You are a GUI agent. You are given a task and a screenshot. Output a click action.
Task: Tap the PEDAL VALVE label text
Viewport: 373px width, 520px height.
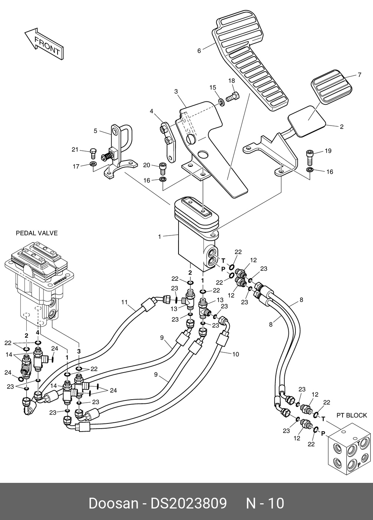[36, 233]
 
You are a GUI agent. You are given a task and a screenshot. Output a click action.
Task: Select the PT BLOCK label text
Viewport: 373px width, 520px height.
[351, 415]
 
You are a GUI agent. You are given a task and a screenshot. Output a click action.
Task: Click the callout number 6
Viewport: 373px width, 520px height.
[199, 51]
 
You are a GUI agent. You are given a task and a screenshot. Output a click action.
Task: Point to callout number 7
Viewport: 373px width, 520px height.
[359, 75]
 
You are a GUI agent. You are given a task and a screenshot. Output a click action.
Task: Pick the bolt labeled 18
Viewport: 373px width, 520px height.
[233, 97]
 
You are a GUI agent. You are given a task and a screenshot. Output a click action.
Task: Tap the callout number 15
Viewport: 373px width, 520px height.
[212, 87]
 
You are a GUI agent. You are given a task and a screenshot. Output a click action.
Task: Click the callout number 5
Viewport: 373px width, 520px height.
[95, 131]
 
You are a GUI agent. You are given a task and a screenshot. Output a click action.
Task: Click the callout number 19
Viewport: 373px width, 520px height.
[328, 151]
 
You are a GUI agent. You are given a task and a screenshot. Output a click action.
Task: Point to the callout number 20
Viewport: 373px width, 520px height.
[146, 165]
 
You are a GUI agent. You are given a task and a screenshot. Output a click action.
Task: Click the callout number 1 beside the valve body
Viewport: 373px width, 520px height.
[160, 236]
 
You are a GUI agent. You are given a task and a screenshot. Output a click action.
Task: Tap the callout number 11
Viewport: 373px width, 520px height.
[124, 302]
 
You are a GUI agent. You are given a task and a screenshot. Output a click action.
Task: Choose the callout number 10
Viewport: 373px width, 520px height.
[235, 354]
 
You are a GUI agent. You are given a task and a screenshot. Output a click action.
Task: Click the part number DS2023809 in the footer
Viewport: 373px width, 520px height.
[188, 503]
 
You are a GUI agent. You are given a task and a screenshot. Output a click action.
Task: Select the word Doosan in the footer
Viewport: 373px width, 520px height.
[113, 503]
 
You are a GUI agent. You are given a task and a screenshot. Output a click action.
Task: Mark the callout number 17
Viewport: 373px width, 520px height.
[76, 166]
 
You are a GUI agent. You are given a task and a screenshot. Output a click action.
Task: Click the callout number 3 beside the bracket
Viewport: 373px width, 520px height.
[176, 91]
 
